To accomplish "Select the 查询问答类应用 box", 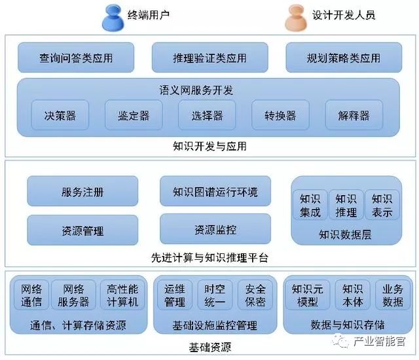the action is coord(76,58).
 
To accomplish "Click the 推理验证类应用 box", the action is coord(209,58).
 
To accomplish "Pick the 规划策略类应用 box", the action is coord(343,58).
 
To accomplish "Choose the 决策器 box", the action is coord(60,116).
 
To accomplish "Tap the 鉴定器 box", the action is coord(134,116).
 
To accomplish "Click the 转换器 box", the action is coord(280,116).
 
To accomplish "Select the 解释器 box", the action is coord(354,116).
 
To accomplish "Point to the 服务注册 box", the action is coord(82,192).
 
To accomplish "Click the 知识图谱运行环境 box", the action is coord(215,192).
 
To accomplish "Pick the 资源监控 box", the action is coord(215,230).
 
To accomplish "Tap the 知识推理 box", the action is coord(346,205).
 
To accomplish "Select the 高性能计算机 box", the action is coord(122,295).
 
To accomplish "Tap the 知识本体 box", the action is coord(352,295).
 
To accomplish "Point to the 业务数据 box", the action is coord(393,295).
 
